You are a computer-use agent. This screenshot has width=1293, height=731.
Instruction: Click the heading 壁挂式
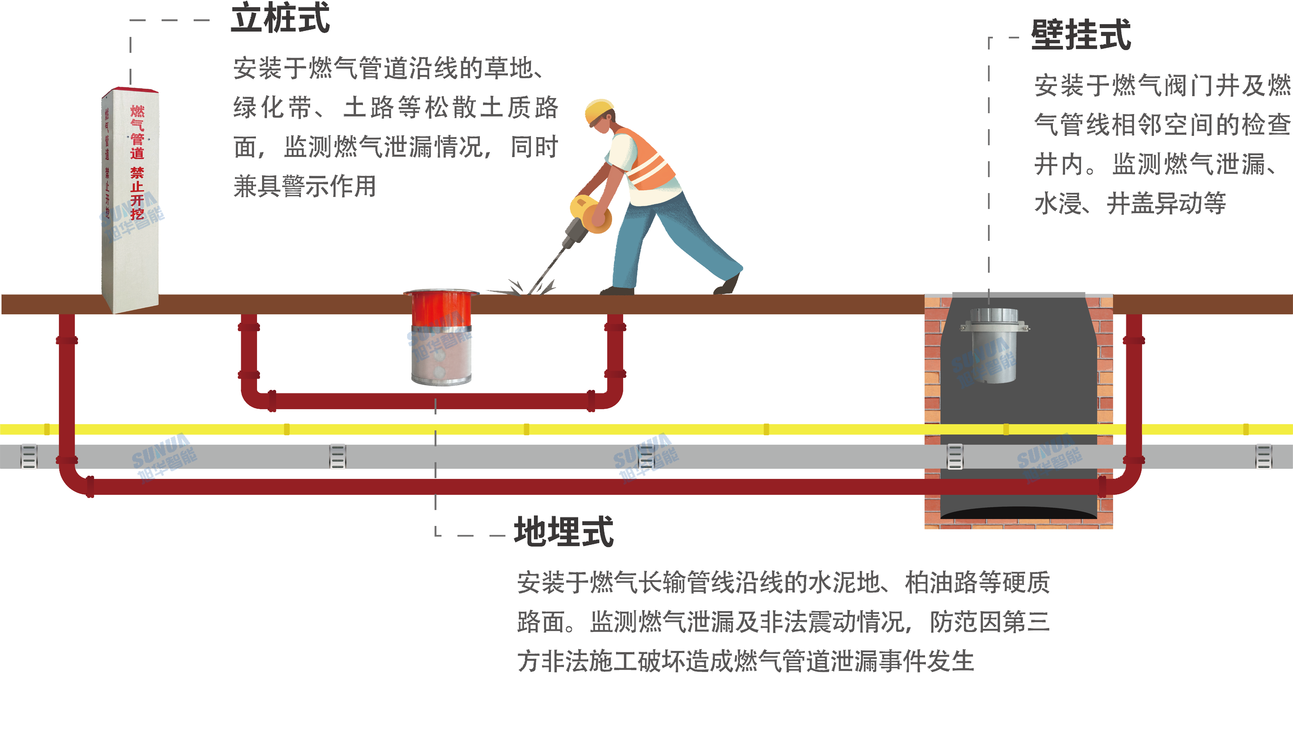click(1081, 35)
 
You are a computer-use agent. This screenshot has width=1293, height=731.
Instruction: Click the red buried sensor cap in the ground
click(441, 307)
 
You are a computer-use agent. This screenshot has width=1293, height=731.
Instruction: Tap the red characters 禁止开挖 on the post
click(137, 193)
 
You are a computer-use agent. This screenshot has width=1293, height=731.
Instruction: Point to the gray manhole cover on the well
click(1018, 295)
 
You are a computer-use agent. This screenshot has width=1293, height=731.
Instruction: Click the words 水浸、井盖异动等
click(1130, 203)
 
